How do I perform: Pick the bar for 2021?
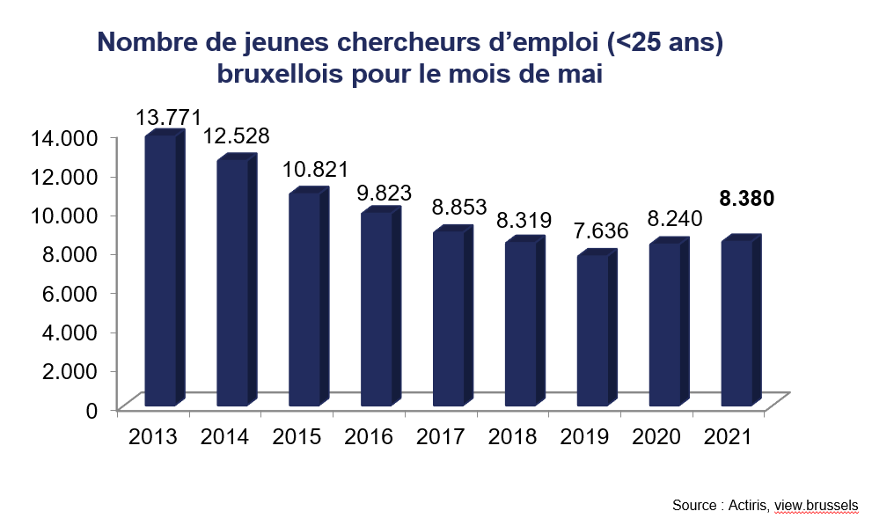(737, 323)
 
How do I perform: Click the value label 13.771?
(169, 117)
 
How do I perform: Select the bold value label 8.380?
(747, 199)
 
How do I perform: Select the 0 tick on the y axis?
(92, 409)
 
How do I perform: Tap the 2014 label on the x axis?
(224, 436)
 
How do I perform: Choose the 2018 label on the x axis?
(514, 436)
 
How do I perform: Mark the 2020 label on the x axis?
(658, 436)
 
